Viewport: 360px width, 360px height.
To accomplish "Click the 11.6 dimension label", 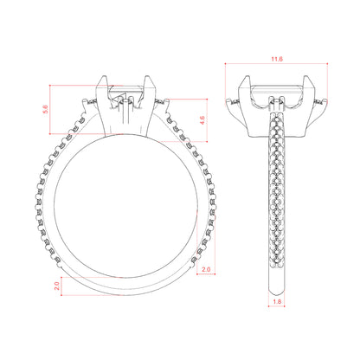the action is coord(277,59).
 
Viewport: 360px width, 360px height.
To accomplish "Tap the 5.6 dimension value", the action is coord(46,109).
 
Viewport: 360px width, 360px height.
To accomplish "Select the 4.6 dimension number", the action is coord(202,120).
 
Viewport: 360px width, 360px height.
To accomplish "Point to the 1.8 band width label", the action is coord(277,302).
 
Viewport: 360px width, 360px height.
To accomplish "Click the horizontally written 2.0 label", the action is coord(206,269).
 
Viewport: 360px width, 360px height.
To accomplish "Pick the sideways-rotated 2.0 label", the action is coord(57,286).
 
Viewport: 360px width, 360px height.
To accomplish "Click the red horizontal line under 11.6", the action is coord(276,63).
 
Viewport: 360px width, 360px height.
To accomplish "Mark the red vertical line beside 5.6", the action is coord(50,109).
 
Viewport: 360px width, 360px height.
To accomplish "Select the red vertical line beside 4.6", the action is coord(207,120).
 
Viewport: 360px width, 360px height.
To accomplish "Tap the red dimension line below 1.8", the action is coord(277,306).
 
